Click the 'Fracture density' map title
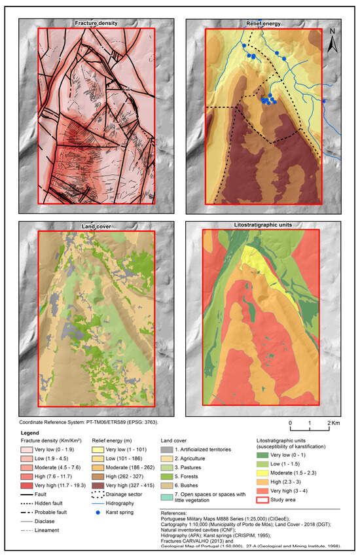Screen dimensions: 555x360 (x=96, y=24)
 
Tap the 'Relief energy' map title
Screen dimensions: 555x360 (x=263, y=24)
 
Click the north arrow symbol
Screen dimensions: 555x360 (x=333, y=41)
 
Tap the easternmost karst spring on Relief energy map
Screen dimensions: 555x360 (x=323, y=101)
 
